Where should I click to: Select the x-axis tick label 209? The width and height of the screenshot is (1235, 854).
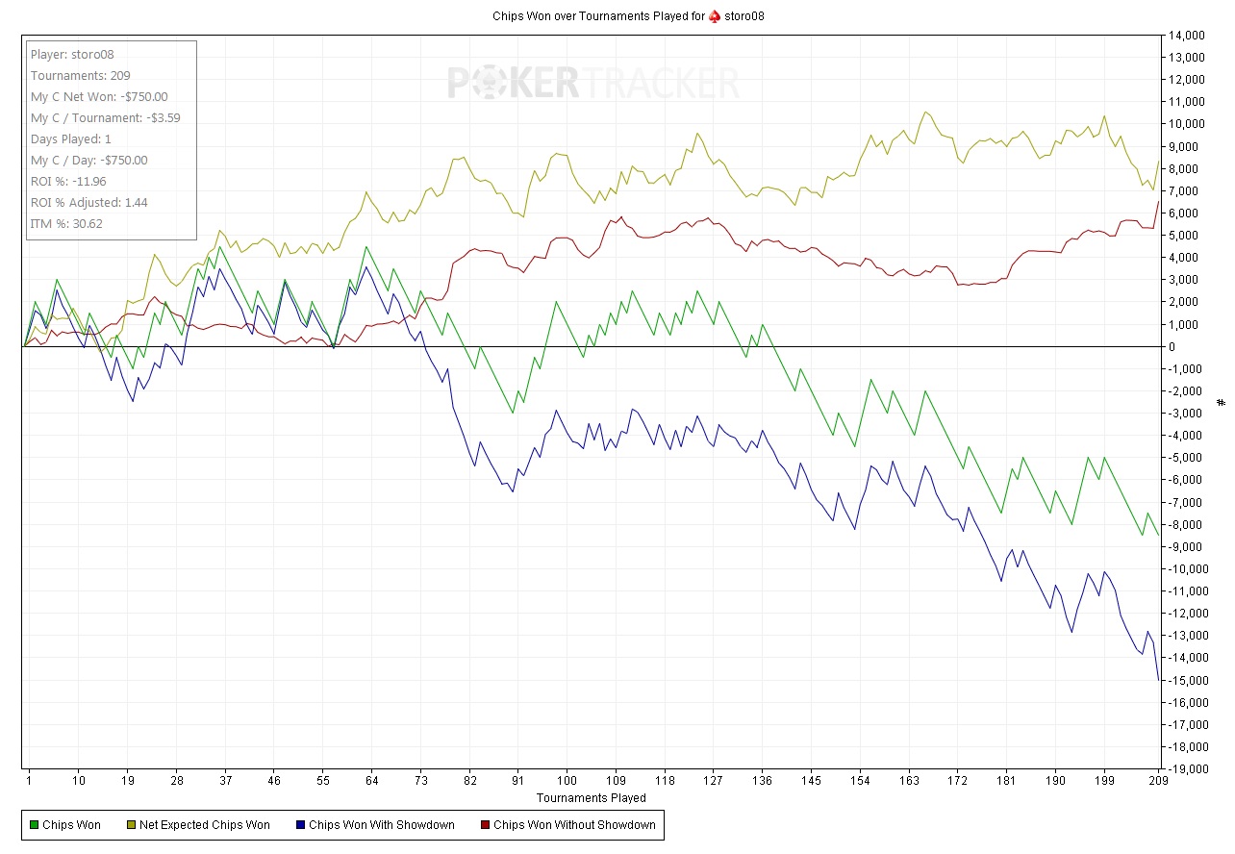1157,782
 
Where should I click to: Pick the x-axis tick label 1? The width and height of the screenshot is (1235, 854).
30,782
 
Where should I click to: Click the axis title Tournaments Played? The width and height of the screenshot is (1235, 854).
591,798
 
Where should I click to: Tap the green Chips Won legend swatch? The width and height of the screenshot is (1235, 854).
35,825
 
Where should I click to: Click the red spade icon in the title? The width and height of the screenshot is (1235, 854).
714,16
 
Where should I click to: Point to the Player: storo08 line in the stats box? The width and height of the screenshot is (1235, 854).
72,55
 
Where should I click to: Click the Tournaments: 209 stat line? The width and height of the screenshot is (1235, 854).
81,76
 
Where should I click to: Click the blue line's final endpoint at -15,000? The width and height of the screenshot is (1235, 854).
1158,680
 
